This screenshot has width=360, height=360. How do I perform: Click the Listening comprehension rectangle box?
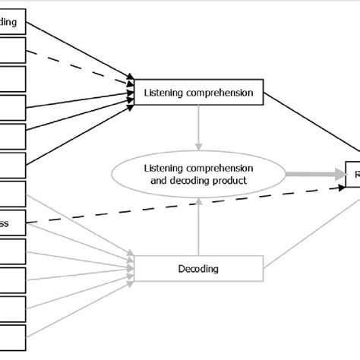tap(199, 93)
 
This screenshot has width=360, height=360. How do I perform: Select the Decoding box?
tap(199, 267)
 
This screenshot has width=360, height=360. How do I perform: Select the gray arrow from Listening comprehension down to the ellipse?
tap(199, 129)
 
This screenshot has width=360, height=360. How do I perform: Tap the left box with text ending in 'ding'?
tap(13, 22)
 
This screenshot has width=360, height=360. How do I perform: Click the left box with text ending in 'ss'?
tap(13, 224)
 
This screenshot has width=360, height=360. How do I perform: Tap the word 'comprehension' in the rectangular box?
tap(216, 93)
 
